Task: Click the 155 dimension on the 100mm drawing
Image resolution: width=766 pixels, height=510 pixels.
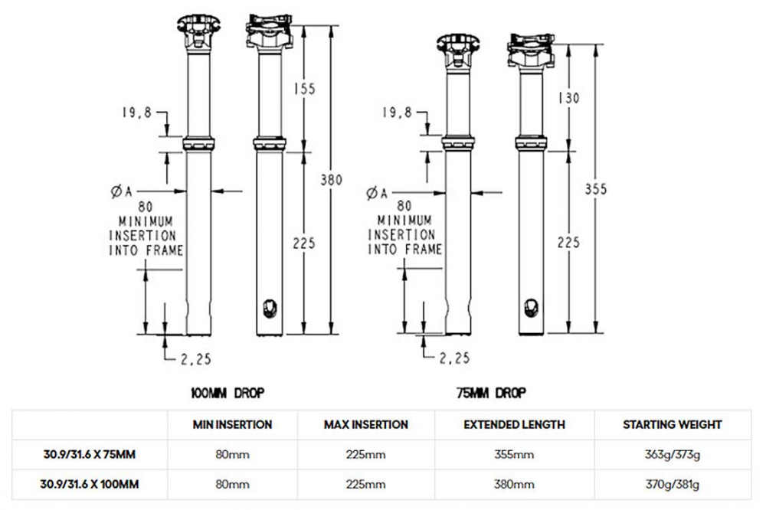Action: tap(305, 90)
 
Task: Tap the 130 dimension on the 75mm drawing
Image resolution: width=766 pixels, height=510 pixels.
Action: tap(568, 98)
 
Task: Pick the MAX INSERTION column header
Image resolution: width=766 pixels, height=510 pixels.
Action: tap(365, 424)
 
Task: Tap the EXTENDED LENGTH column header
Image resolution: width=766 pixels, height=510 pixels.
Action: tap(515, 424)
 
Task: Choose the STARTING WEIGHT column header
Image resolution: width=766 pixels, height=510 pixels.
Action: tap(672, 424)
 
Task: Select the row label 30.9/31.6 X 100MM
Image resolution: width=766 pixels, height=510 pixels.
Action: tap(90, 484)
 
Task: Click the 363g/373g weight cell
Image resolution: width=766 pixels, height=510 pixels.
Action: tap(672, 455)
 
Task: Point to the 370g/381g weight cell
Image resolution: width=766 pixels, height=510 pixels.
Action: tap(672, 485)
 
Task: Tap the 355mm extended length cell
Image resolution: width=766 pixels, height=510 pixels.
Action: tap(515, 455)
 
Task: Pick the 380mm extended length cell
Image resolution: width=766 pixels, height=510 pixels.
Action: tap(515, 485)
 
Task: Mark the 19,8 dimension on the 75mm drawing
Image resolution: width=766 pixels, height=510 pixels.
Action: tap(396, 113)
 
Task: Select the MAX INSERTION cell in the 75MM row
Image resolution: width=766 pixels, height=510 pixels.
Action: tap(365, 455)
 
